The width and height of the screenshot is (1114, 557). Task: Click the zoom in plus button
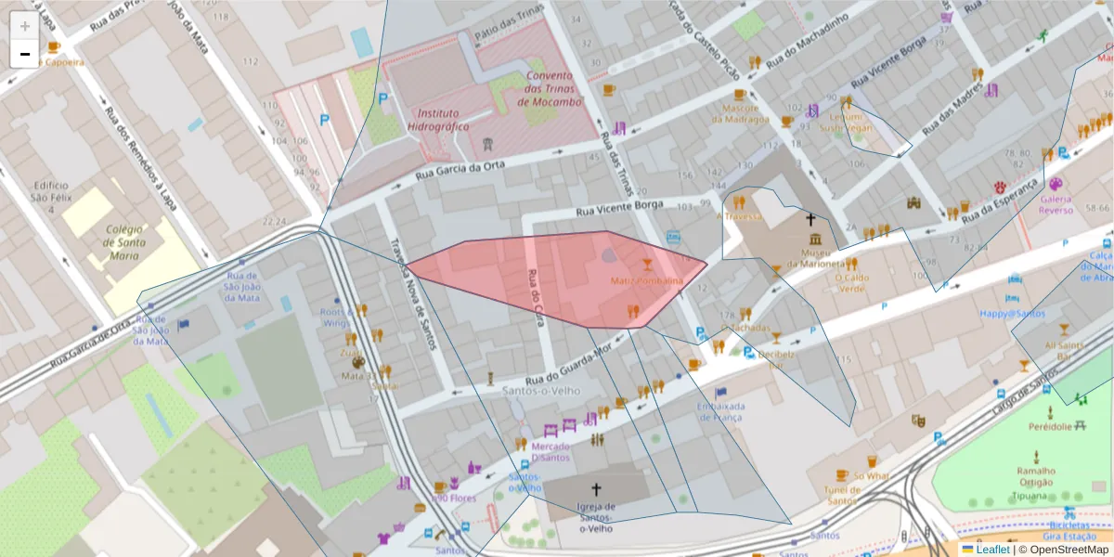[x=25, y=26]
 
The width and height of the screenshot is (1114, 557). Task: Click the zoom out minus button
[x=25, y=54]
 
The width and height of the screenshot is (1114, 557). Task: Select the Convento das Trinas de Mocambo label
[x=552, y=89]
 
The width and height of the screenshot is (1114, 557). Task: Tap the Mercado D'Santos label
[x=551, y=451]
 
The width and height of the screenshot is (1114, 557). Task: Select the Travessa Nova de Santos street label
[x=413, y=292]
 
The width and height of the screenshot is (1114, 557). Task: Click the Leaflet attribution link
[x=991, y=550]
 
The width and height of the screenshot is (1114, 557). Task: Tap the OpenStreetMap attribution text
[x=1063, y=550]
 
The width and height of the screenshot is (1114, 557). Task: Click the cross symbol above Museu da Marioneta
[x=810, y=220]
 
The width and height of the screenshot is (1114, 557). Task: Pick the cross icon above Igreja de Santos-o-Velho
[x=596, y=488]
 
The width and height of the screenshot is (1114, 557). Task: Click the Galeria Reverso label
[x=1056, y=204]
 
